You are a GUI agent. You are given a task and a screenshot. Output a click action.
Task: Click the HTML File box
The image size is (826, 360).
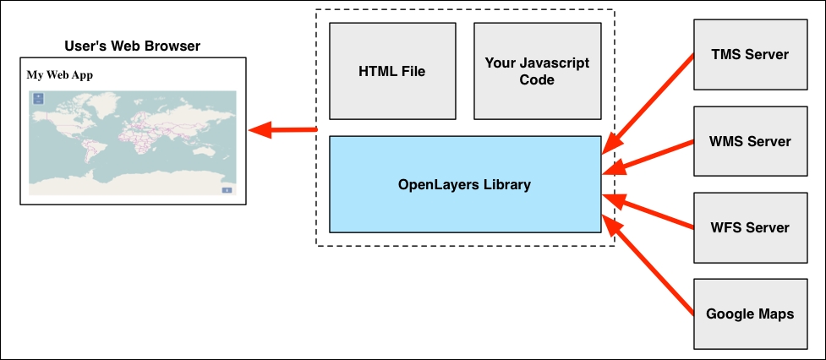[391, 71]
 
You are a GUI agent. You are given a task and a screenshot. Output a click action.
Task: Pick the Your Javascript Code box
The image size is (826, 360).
[537, 71]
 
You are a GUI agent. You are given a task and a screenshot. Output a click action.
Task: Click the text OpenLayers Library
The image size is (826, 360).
[464, 183]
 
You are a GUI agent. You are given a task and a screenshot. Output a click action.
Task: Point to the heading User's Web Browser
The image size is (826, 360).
[132, 45]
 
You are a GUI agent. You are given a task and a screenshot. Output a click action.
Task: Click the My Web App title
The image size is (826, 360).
[60, 74]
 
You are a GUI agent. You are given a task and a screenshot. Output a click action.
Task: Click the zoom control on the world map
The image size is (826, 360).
[38, 99]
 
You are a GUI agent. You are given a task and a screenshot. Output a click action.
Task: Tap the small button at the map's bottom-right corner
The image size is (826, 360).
[227, 190]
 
